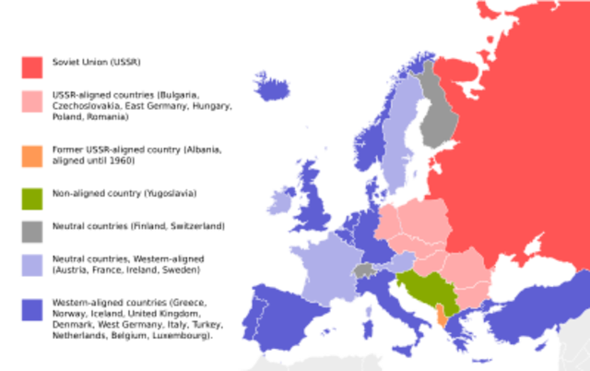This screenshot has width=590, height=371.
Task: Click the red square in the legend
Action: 31,66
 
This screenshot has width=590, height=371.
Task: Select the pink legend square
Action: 31,101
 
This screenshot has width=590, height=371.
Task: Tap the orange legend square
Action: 31,157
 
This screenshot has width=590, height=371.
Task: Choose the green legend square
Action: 31,198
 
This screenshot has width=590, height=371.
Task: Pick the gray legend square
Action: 31,232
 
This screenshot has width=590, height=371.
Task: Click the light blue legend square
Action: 31,266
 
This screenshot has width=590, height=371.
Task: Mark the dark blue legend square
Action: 31,309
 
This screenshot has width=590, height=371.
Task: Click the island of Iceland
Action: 273,86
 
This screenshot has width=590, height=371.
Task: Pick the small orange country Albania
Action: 442,319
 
